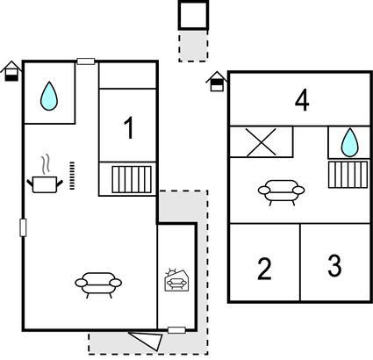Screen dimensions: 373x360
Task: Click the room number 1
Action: pos(129,128)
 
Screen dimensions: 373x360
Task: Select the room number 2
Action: pos(264,269)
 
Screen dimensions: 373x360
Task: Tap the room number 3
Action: pos(334,266)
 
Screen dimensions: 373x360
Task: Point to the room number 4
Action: pos(302,101)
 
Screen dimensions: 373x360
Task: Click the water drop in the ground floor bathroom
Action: pos(49,96)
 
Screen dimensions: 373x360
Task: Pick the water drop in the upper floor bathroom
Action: pos(350,142)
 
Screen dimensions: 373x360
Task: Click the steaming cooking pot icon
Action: pos(45,178)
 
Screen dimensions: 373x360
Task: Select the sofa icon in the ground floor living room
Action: pos(98,284)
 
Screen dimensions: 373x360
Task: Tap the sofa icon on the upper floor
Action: pos(281,192)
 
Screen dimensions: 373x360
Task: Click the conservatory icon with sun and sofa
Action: pos(176,280)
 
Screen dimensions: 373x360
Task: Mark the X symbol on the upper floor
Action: pos(262,142)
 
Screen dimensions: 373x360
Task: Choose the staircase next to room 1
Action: pos(132,179)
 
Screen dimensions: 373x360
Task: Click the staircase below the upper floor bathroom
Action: pos(348,175)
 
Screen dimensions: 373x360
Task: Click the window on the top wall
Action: pos(86,61)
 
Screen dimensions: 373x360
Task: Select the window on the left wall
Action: pos(23,227)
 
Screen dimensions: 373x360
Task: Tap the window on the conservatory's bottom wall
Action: pos(176,330)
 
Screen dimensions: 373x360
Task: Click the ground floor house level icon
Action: pos(11,71)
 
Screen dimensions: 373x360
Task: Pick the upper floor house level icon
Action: pos(217,82)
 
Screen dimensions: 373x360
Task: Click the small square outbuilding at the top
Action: pos(193,15)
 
